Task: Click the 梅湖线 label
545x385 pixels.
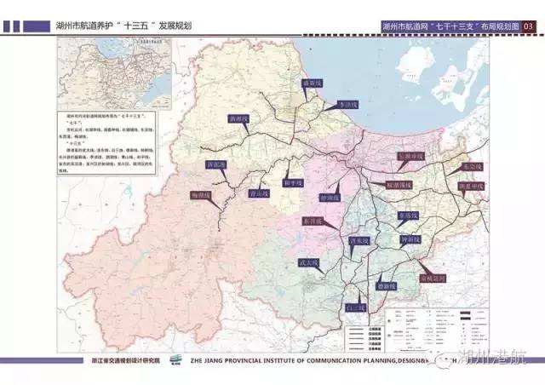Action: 199,195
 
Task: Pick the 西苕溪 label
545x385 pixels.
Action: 216,165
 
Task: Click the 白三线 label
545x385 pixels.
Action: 354,307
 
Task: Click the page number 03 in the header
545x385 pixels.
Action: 528,26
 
